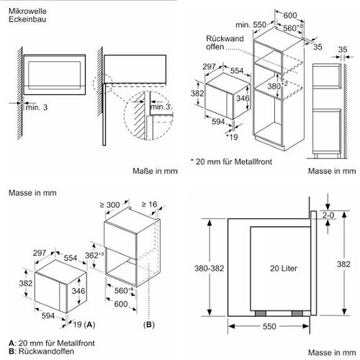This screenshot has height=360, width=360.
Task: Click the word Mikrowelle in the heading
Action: tap(27, 11)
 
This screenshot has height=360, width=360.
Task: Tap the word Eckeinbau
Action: tap(27, 19)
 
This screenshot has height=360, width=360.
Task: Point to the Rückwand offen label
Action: tap(225, 42)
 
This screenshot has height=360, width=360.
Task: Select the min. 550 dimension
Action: tap(251, 24)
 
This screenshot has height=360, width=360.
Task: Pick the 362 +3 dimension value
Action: tap(94, 255)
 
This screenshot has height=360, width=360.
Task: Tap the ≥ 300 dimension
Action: tap(109, 204)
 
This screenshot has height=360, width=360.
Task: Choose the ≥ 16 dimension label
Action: tap(149, 204)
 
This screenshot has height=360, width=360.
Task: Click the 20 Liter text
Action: tap(284, 268)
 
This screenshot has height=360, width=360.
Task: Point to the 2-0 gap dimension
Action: tap(328, 215)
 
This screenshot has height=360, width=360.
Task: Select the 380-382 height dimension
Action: tap(209, 268)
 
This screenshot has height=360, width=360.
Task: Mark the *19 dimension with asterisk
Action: tap(232, 137)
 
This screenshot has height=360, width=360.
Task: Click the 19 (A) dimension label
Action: tap(84, 325)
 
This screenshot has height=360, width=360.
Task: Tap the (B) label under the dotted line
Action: tap(149, 325)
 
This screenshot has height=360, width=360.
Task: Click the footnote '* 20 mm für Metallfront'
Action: tap(232, 161)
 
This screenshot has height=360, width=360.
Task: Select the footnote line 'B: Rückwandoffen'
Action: tap(41, 351)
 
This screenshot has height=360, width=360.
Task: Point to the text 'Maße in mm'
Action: tap(155, 171)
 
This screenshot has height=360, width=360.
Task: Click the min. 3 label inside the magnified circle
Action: tap(160, 107)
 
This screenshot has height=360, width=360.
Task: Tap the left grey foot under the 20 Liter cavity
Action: tap(261, 313)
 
